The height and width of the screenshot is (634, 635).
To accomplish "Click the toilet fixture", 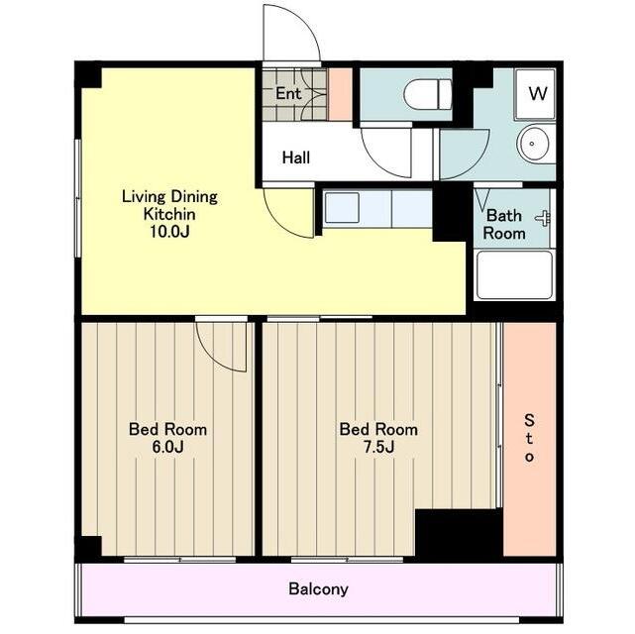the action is pos(428,94).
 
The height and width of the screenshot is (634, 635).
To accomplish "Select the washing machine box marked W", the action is pos(535,94).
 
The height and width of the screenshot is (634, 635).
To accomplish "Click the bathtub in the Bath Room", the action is pos(514,275).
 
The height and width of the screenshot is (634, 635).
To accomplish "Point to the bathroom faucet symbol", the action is pos(544,219).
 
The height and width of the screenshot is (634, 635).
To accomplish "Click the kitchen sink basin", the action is pos(342,208).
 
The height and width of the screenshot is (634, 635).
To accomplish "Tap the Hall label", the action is pos(296,158).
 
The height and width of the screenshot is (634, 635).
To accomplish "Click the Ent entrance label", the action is pos(288,93).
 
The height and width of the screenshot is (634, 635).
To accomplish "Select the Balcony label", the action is pos(318,588).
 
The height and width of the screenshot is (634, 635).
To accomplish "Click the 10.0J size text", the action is pos(170,232).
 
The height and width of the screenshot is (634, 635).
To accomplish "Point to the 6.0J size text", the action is pos(167,447).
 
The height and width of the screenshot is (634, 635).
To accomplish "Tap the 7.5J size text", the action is pos(378,447).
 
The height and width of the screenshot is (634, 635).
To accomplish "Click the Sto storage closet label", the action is pos(529,438).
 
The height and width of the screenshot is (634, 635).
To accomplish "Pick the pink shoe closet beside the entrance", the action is pos(340,94).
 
